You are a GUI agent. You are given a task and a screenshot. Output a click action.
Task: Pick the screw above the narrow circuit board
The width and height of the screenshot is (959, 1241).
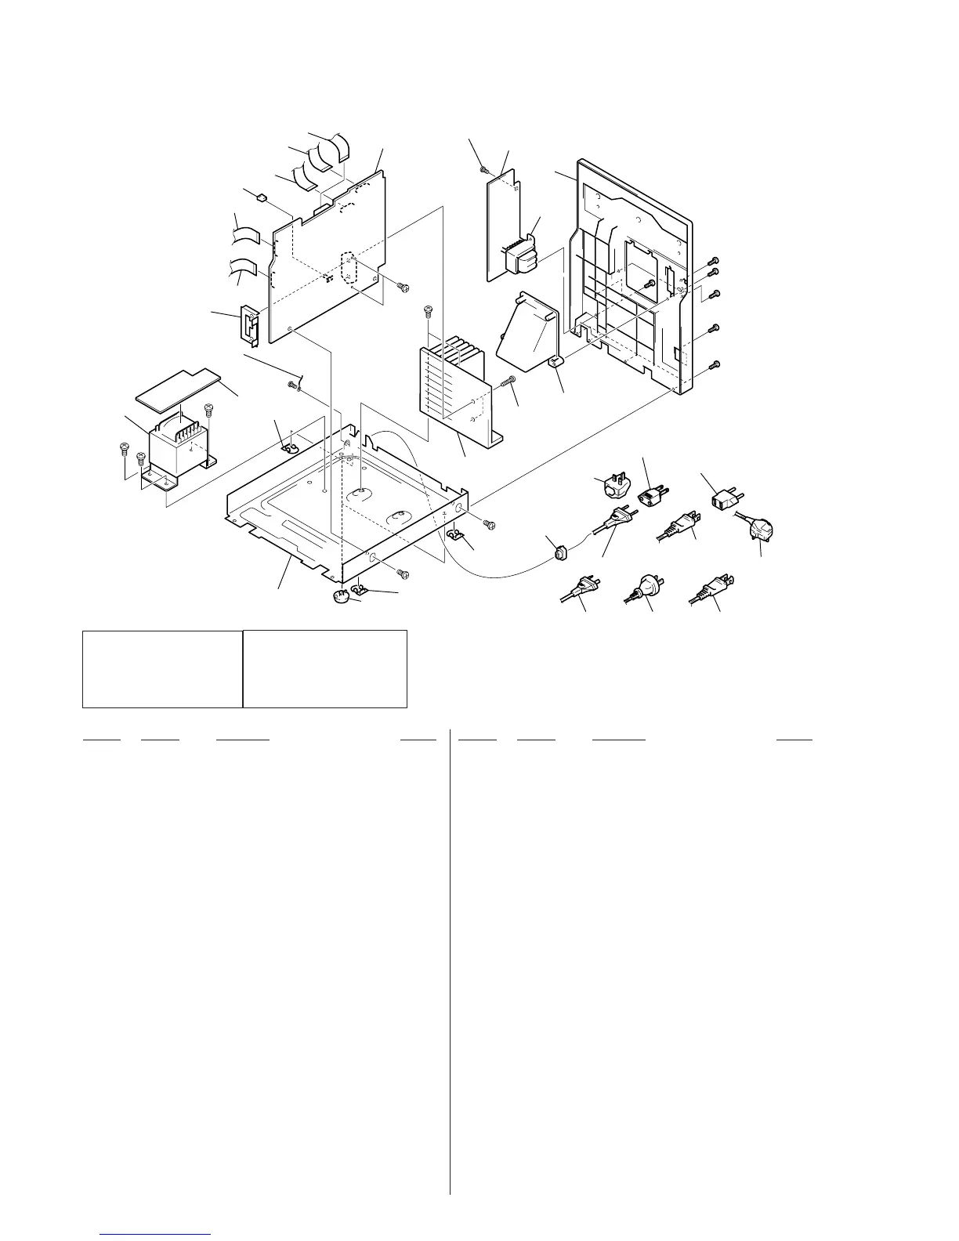[486, 168]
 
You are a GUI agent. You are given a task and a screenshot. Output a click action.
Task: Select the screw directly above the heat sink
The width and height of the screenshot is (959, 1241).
[428, 312]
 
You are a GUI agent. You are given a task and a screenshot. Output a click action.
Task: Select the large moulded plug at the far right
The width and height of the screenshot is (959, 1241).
[761, 532]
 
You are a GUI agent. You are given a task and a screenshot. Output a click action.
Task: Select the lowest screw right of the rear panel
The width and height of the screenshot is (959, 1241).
[713, 365]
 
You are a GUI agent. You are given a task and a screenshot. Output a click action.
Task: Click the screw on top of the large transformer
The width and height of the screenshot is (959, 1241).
[208, 409]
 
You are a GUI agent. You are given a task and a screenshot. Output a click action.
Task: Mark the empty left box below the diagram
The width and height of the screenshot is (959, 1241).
[162, 668]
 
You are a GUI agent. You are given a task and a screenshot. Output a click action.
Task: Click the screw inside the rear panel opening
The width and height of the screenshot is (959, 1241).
[650, 285]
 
